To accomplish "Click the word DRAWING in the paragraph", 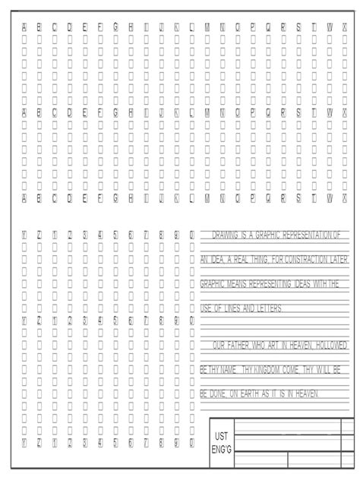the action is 226,235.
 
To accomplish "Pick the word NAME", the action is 224,369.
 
